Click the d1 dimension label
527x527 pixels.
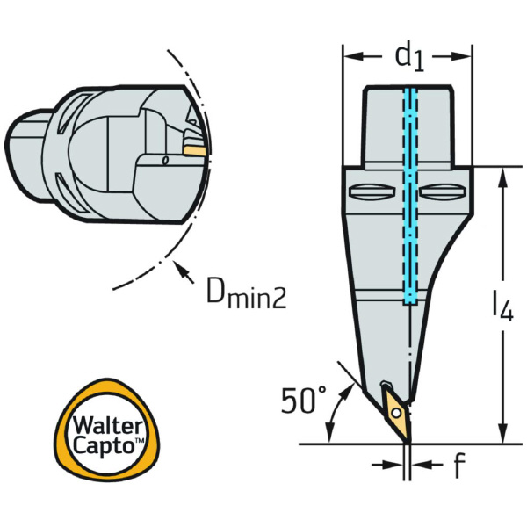pos(408,57)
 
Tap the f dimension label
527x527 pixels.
pos(458,466)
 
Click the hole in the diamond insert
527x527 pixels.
pos(397,411)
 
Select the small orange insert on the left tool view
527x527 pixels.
pos(195,149)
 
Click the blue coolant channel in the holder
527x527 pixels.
pos(409,202)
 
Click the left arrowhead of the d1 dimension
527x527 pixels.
pos(349,57)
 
